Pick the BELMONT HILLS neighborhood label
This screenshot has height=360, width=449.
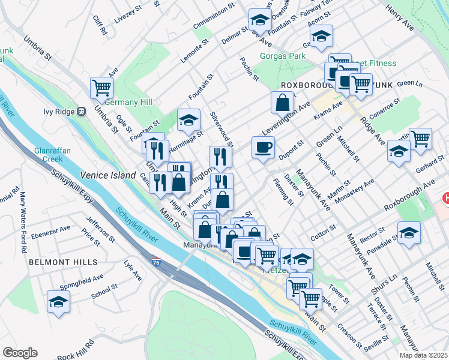pos(57,262)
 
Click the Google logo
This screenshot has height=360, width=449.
pos(20,353)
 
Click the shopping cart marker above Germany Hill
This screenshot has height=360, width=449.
pos(102,88)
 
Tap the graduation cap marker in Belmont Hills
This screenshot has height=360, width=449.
pos(58,302)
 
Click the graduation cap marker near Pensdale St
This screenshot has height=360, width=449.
pos(408,233)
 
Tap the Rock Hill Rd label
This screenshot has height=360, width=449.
pos(76,346)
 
